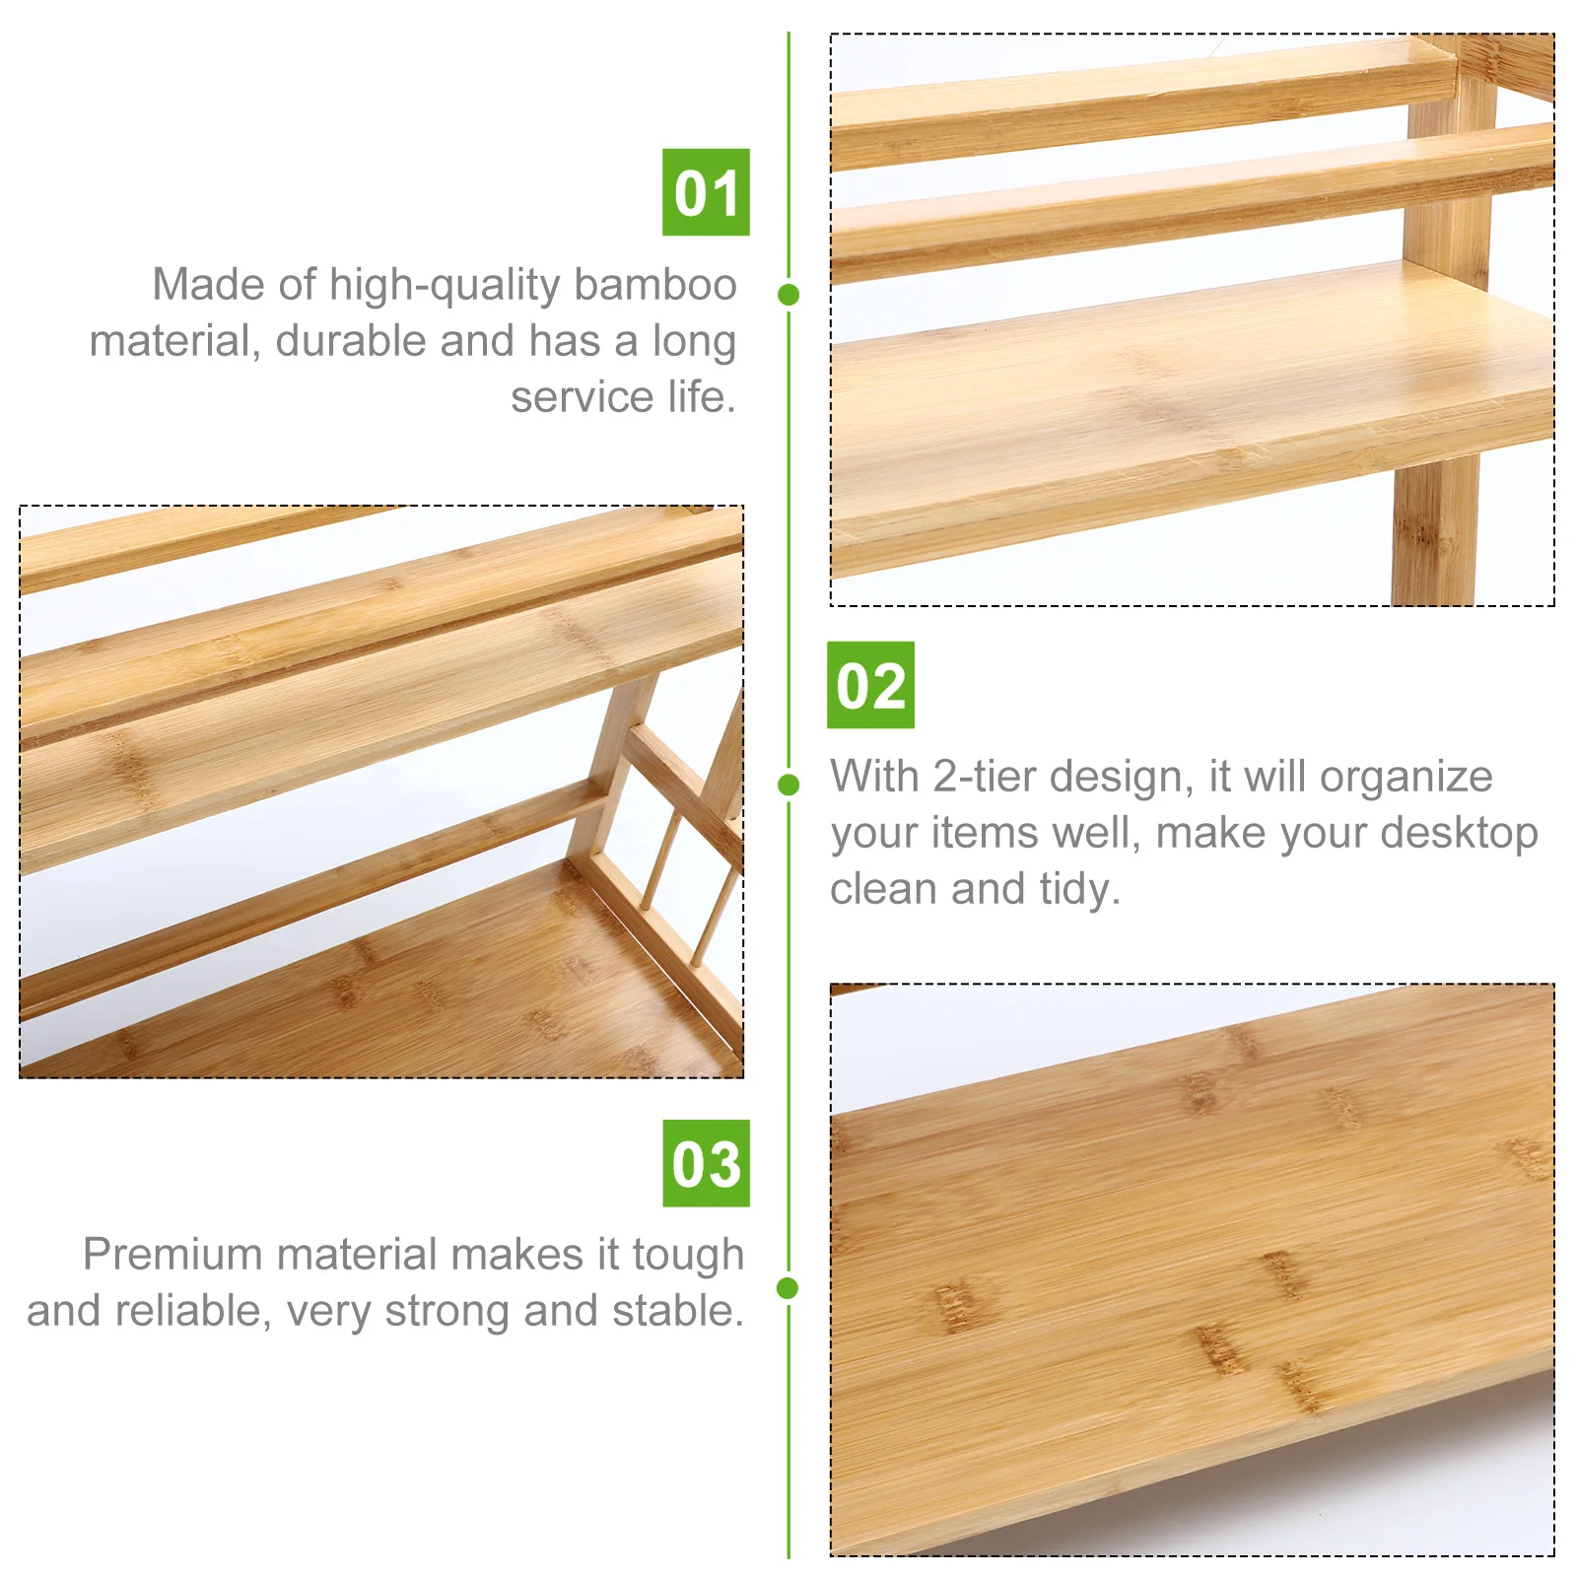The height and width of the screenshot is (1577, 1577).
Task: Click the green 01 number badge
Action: click(706, 192)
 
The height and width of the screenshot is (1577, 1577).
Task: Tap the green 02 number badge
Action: click(870, 685)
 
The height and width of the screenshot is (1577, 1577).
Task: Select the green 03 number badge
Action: click(706, 1163)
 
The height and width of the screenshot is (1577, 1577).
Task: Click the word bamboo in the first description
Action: click(655, 285)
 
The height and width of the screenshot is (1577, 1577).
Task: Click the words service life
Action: click(623, 397)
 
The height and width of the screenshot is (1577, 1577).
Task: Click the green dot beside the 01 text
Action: click(788, 294)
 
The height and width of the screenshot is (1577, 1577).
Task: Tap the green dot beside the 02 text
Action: click(788, 785)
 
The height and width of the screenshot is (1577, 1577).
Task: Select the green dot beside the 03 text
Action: click(788, 1287)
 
